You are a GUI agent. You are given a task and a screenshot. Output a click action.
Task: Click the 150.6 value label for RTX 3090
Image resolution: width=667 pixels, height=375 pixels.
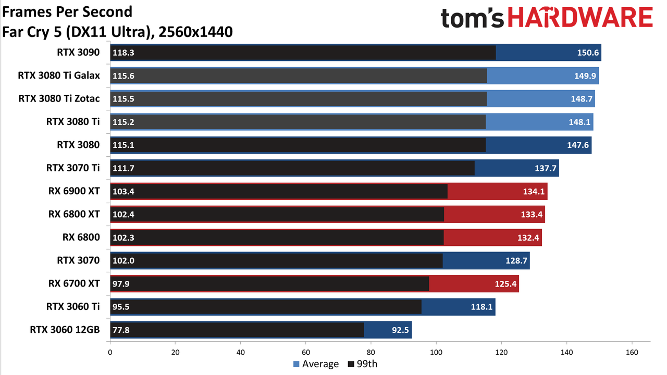[587, 53]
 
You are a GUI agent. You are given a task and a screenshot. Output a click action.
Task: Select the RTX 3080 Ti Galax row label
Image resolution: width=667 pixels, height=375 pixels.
[59, 76]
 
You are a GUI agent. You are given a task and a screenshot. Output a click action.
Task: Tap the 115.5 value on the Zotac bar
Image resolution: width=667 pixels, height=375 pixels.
[123, 99]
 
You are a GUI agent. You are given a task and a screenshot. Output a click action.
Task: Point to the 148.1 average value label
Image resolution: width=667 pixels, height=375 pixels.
[579, 122]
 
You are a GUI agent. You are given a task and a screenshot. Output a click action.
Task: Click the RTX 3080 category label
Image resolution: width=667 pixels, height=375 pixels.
[78, 145]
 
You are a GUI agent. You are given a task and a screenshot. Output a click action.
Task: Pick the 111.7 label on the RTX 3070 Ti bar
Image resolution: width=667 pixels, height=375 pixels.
[123, 168]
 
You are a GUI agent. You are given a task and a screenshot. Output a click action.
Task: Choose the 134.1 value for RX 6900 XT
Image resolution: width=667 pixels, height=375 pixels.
[534, 191]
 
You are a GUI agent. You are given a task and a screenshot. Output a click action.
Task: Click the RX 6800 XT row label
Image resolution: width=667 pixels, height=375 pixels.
[74, 214]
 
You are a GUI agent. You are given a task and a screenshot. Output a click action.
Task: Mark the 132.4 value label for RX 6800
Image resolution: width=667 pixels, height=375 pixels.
[528, 238]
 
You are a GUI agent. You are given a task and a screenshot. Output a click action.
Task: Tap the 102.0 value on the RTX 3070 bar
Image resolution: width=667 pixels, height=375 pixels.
[123, 261]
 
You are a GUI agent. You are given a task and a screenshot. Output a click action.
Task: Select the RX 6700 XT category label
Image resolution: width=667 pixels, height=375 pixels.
[74, 283]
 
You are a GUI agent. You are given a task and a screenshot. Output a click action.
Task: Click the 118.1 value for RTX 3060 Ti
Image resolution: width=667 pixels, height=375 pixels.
[481, 307]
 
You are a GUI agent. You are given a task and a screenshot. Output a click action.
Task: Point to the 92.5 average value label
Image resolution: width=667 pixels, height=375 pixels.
[400, 330]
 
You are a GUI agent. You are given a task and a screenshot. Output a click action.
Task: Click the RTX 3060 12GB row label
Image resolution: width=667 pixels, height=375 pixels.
[65, 330]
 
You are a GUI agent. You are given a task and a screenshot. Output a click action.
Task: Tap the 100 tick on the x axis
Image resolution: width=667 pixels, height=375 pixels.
[436, 353]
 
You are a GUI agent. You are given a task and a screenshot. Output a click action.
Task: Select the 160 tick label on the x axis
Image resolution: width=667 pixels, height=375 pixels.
[632, 353]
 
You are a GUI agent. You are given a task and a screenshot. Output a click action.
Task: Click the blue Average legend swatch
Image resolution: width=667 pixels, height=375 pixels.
[297, 364]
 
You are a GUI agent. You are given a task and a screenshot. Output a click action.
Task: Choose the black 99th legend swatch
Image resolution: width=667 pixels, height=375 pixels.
[351, 364]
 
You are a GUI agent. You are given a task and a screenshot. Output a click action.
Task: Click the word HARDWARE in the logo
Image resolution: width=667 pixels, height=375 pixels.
[580, 18]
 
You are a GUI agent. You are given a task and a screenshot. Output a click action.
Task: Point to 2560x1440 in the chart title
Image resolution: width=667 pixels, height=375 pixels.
[195, 32]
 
